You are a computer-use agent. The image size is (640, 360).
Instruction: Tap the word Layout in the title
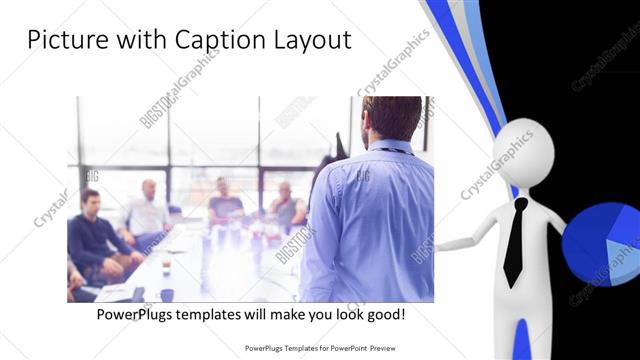[x=309, y=41]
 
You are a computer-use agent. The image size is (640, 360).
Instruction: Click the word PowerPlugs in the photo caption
[x=136, y=314]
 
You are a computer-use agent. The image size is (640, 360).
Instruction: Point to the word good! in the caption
[x=384, y=314]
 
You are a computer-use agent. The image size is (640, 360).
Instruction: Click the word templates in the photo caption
[x=216, y=314]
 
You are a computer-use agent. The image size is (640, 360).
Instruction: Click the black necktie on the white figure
[x=514, y=241]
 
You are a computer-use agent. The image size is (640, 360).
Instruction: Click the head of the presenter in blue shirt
[x=391, y=119]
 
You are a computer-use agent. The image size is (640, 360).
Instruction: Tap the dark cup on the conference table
[x=166, y=294]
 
